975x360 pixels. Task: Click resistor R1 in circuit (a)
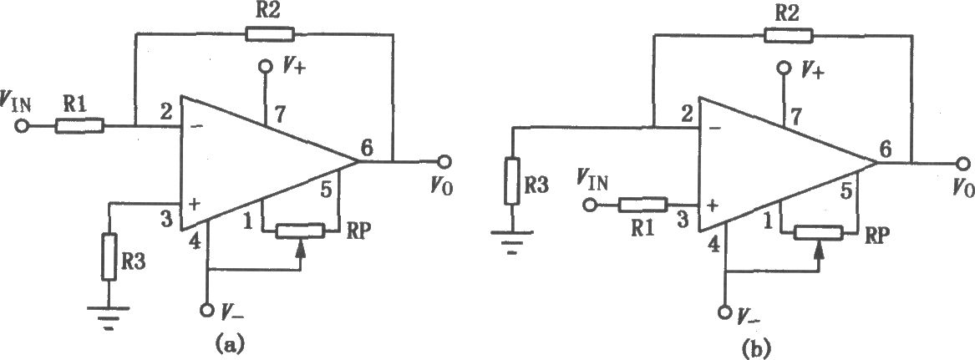(x=79, y=127)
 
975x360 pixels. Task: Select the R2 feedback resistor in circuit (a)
(x=269, y=33)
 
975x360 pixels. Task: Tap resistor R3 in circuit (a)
(x=109, y=256)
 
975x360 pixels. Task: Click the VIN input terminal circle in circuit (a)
(x=22, y=127)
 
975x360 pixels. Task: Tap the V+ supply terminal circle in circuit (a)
(x=267, y=67)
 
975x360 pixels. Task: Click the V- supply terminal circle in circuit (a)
(x=208, y=310)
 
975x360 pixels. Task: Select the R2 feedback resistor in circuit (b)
(x=789, y=35)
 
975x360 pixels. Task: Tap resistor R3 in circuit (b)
(x=511, y=182)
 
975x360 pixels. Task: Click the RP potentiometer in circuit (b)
(x=819, y=232)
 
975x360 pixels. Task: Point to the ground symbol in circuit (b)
(x=511, y=240)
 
